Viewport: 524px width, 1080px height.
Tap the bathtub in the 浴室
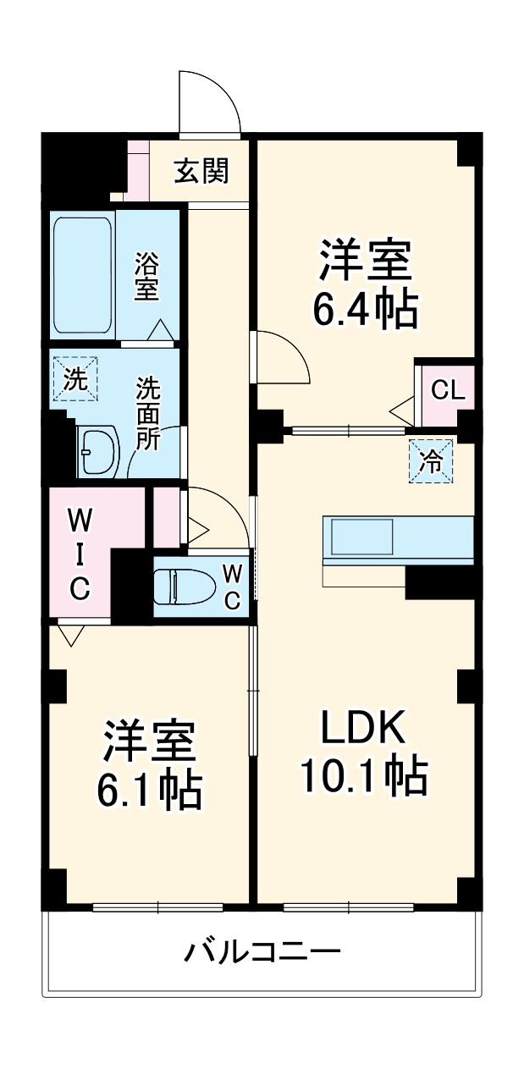point(83,276)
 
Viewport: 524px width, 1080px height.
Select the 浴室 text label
point(146,277)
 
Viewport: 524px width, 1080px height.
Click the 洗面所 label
point(148,414)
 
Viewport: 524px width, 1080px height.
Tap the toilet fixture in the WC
point(182,586)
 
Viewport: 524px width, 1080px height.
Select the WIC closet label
point(79,553)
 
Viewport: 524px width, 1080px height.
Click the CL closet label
point(447,390)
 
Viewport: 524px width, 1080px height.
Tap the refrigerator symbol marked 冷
point(431,462)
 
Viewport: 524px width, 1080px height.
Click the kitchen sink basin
point(362,537)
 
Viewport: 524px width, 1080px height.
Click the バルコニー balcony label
point(262,953)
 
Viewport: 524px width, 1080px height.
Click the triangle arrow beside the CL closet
point(402,413)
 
